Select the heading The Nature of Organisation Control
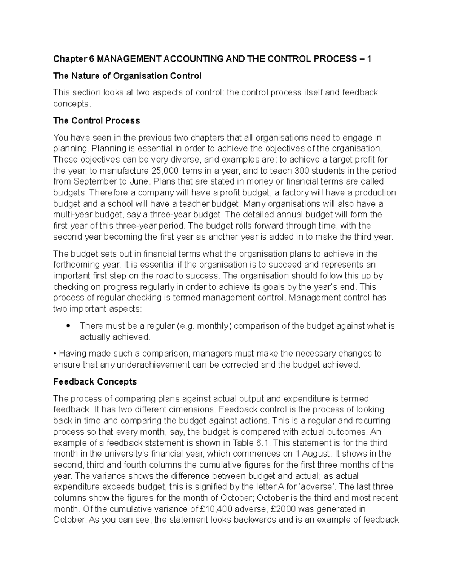click(x=127, y=76)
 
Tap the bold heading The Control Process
click(x=97, y=121)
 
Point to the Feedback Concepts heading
click(x=95, y=381)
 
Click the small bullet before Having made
click(x=55, y=354)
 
